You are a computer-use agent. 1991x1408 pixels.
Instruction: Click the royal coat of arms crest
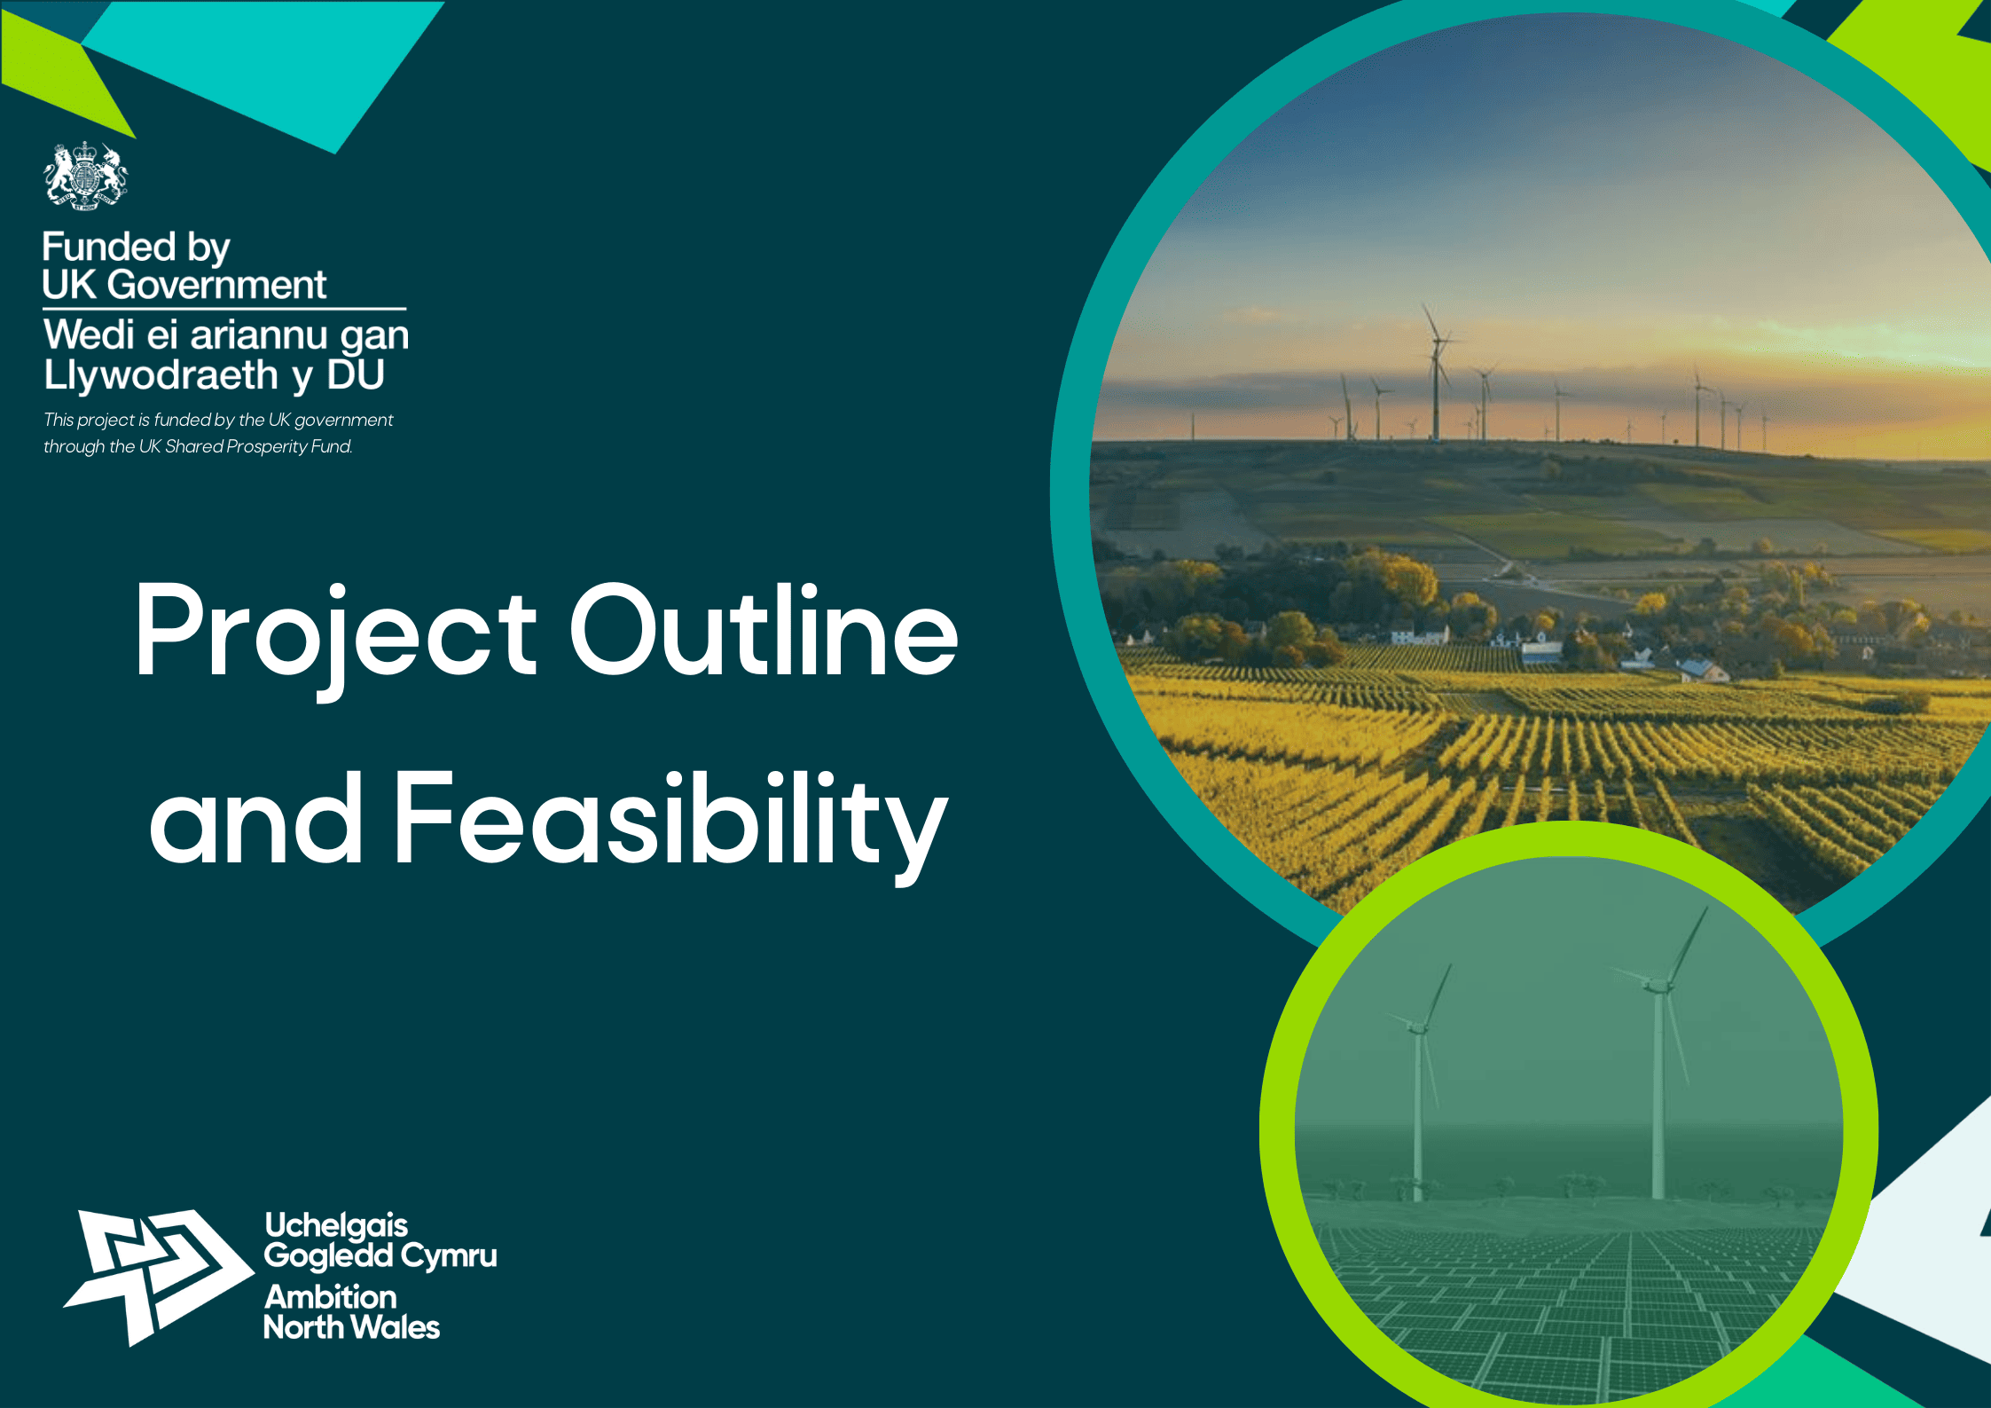coord(85,176)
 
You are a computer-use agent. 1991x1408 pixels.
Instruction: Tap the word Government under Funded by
coord(217,285)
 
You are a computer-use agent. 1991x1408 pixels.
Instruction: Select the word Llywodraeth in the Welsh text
coord(161,375)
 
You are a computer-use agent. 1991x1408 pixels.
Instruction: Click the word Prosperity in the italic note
coord(266,446)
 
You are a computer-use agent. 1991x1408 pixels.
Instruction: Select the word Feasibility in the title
coord(670,825)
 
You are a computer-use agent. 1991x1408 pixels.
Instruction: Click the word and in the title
coord(255,817)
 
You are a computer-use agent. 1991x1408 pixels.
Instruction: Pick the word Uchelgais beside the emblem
coord(336,1227)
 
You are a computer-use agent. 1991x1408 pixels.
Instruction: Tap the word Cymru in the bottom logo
coord(449,1257)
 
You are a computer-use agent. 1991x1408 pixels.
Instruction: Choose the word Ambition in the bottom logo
coord(331,1297)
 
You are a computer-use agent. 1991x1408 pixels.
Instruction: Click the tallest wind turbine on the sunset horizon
coord(1436,373)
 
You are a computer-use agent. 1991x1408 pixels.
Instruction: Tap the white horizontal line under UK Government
coord(224,309)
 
